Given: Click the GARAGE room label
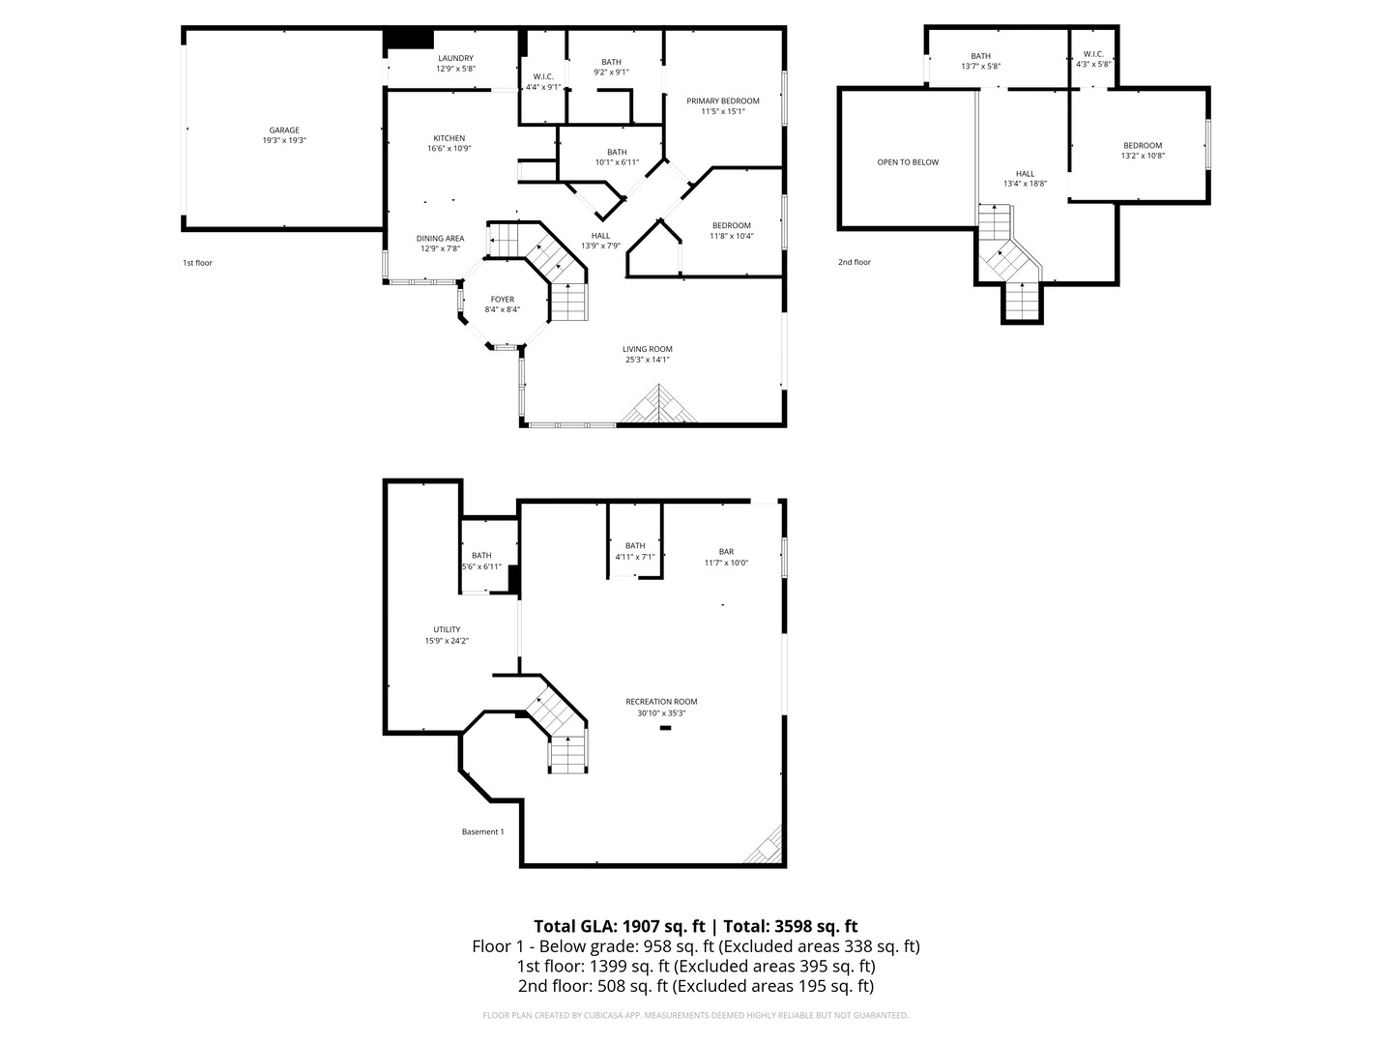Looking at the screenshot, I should click(283, 130).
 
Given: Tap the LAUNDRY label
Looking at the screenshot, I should click(455, 58).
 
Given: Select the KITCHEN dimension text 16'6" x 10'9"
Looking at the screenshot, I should click(449, 149).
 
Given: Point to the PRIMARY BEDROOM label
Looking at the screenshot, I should click(722, 101).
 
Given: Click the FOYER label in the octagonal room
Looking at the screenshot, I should click(502, 299).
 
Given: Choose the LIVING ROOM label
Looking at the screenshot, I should click(647, 349).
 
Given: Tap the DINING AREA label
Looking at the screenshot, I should click(440, 238).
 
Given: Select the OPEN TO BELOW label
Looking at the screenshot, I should click(908, 162).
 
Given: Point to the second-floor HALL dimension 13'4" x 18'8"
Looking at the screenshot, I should click(1025, 183).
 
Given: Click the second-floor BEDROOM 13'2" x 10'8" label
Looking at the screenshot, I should click(1142, 146).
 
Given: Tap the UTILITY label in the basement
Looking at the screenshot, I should click(447, 629).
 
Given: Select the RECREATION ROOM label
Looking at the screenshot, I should click(661, 702).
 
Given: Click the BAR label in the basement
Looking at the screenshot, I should click(725, 551).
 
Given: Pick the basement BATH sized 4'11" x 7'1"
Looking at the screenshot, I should click(635, 546).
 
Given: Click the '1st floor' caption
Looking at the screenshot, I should click(197, 263).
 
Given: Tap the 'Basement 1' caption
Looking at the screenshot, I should click(482, 831).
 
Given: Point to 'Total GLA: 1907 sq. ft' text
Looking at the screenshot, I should click(619, 925).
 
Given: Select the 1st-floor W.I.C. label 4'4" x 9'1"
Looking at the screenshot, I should click(542, 76).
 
